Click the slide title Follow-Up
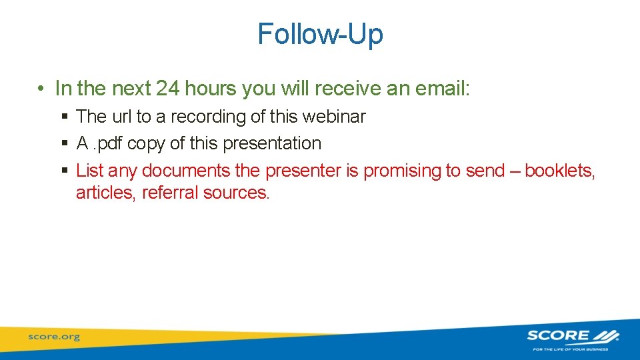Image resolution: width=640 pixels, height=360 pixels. (320, 35)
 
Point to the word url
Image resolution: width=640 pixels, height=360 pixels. (121, 117)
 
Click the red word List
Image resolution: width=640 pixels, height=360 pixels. (90, 171)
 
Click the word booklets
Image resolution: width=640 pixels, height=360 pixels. (559, 171)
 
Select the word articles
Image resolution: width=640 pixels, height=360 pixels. (106, 193)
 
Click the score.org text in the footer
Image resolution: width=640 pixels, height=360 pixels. (53, 337)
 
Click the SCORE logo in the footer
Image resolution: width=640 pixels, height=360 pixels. (572, 337)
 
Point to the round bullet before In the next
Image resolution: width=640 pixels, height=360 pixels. (41, 89)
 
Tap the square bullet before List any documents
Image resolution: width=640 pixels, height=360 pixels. (65, 171)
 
